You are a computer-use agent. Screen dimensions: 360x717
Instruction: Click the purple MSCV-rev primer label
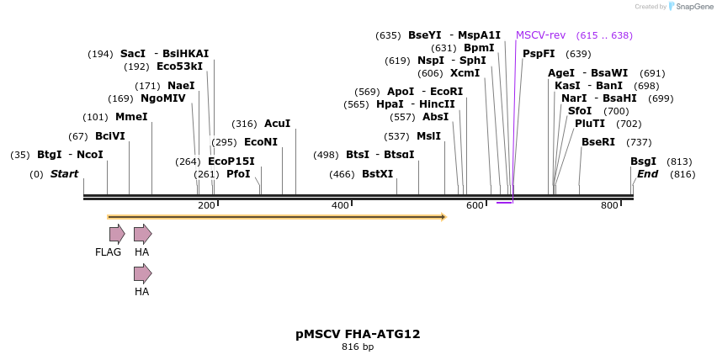click(x=540, y=35)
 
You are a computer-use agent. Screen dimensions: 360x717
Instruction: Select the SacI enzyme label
click(x=133, y=54)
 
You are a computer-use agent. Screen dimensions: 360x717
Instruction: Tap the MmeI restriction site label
click(x=131, y=117)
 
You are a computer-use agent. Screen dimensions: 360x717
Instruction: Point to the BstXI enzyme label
click(x=377, y=174)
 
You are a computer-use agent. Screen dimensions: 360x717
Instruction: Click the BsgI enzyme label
click(x=644, y=161)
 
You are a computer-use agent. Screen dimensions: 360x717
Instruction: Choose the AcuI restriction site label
click(x=277, y=124)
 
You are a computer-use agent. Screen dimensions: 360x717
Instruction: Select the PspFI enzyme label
click(x=539, y=54)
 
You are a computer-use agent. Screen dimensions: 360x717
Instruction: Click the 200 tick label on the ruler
click(x=206, y=206)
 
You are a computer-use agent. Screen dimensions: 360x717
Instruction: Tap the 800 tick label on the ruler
click(x=609, y=206)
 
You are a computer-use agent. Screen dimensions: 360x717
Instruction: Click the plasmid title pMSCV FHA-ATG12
click(x=358, y=334)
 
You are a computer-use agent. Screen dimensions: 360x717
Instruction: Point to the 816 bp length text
click(x=358, y=347)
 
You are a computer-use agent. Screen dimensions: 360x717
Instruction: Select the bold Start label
click(x=64, y=174)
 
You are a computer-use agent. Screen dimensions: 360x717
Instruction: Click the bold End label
click(x=647, y=174)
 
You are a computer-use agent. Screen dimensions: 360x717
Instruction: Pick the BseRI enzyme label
click(x=598, y=142)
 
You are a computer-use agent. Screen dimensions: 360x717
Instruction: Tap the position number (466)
click(x=342, y=174)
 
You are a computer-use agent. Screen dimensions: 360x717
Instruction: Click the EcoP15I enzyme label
click(x=231, y=161)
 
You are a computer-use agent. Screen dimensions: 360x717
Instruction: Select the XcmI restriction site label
click(x=465, y=73)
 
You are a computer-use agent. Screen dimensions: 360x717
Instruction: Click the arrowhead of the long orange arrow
click(x=443, y=217)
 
